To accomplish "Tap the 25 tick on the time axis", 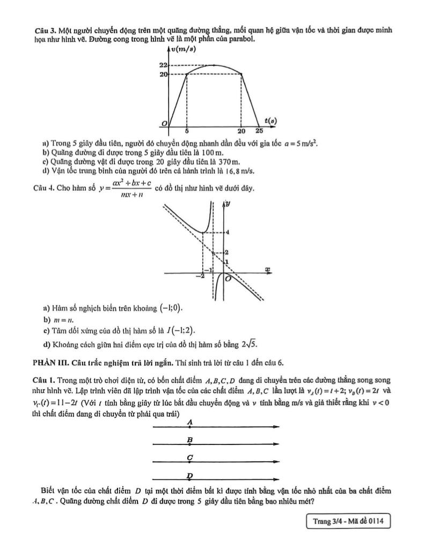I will (x=259, y=131).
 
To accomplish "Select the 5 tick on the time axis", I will (x=187, y=131).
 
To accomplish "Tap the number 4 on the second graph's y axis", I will (x=227, y=232).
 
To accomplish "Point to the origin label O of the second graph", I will (x=229, y=278).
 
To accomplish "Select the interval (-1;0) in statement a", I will (x=171, y=308).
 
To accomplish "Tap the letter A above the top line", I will (x=190, y=422).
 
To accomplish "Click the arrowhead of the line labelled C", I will (x=276, y=462).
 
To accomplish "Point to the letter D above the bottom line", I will (x=189, y=475).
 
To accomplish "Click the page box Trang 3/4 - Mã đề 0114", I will (x=348, y=521).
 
